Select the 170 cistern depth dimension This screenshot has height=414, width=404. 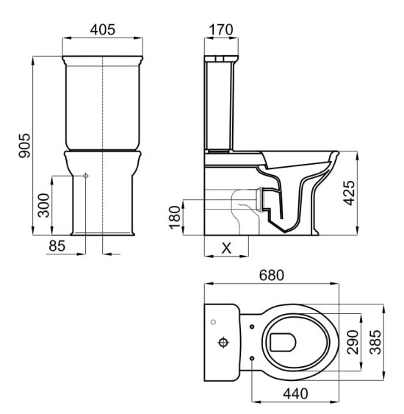click(x=220, y=31)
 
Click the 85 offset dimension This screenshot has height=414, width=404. click(x=57, y=246)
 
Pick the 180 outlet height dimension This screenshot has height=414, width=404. click(x=174, y=218)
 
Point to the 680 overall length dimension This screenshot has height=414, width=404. click(x=272, y=276)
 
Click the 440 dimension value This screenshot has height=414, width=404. click(x=294, y=394)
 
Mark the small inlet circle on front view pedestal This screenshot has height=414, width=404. click(x=86, y=176)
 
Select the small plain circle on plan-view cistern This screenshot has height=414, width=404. click(x=213, y=321)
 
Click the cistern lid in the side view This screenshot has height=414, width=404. click(x=220, y=57)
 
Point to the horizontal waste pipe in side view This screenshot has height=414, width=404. click(x=220, y=199)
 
